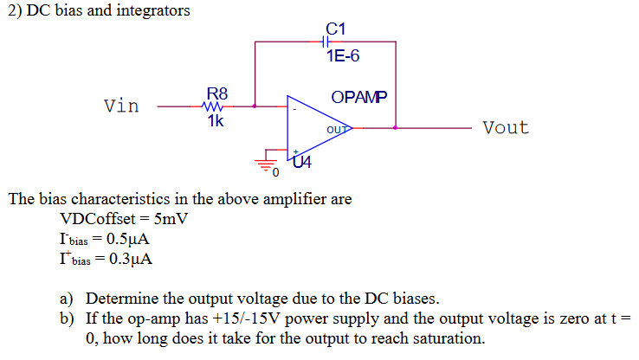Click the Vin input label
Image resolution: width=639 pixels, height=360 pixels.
[x=121, y=106]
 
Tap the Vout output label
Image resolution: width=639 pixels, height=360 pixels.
[x=505, y=128]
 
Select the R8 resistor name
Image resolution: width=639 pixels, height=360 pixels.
[x=216, y=92]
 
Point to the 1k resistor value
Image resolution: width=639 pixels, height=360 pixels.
[x=216, y=121]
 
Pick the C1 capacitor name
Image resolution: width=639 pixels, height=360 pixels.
[x=336, y=29]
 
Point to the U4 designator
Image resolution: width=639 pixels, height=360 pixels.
[x=302, y=161]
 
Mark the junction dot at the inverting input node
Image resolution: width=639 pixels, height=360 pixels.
[x=255, y=107]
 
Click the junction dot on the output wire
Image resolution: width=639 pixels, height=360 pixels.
[x=396, y=128]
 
